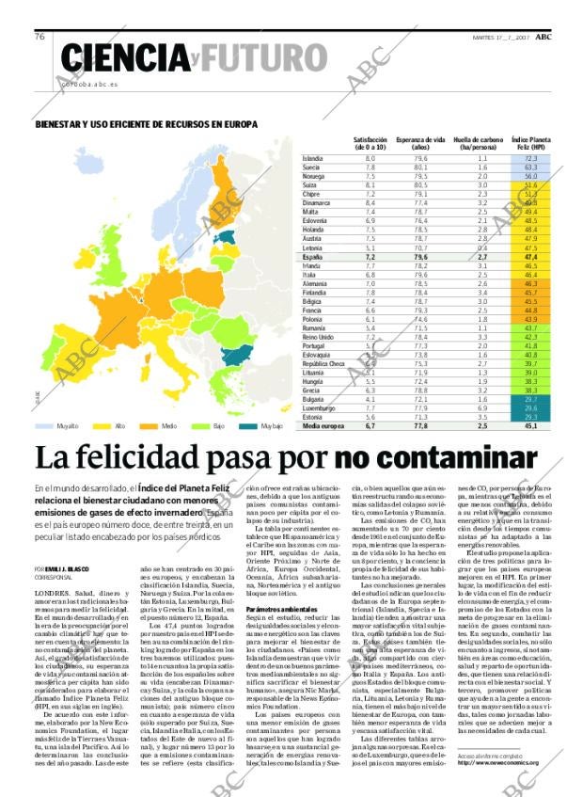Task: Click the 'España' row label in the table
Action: click(313, 257)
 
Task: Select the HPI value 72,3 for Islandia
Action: click(530, 159)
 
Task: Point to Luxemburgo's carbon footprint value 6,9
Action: click(482, 408)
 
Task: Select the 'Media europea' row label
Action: click(323, 426)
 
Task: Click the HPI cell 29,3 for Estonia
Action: click(530, 417)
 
